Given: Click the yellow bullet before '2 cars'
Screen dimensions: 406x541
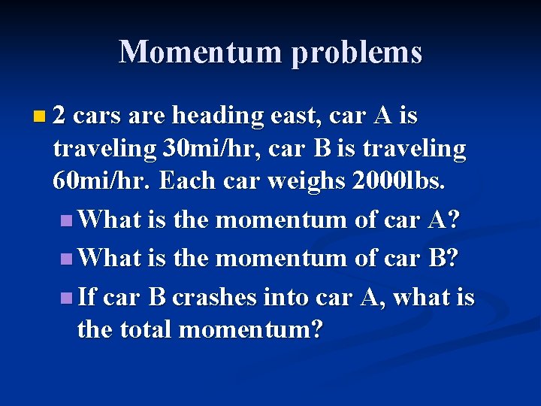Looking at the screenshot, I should [x=39, y=117].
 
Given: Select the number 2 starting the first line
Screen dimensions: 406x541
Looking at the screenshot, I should [x=60, y=116].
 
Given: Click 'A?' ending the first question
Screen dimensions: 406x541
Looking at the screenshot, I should [x=445, y=220].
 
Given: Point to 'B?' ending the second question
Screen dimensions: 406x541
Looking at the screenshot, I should [x=445, y=258].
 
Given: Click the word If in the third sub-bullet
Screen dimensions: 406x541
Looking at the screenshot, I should [x=86, y=298].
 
